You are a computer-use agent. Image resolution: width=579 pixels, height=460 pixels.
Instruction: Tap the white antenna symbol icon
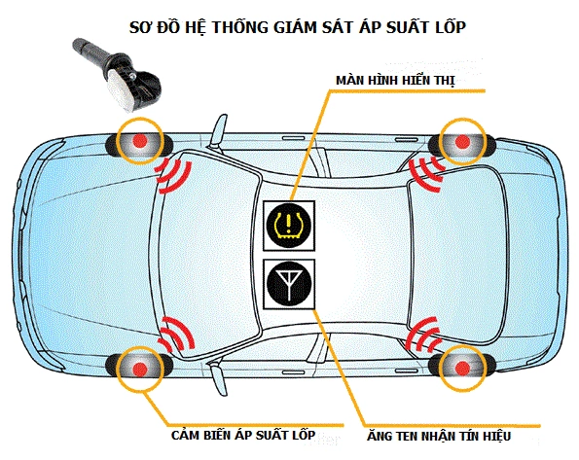pyautogui.click(x=288, y=284)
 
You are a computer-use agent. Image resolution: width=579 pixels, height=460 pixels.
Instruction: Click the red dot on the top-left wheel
pyautogui.click(x=139, y=142)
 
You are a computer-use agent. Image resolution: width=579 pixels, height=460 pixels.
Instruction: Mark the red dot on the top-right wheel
pyautogui.click(x=462, y=142)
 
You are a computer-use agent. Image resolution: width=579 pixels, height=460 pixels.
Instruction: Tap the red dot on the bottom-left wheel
pyautogui.click(x=139, y=367)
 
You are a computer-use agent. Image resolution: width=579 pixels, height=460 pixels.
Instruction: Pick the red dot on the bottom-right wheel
pyautogui.click(x=462, y=367)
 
